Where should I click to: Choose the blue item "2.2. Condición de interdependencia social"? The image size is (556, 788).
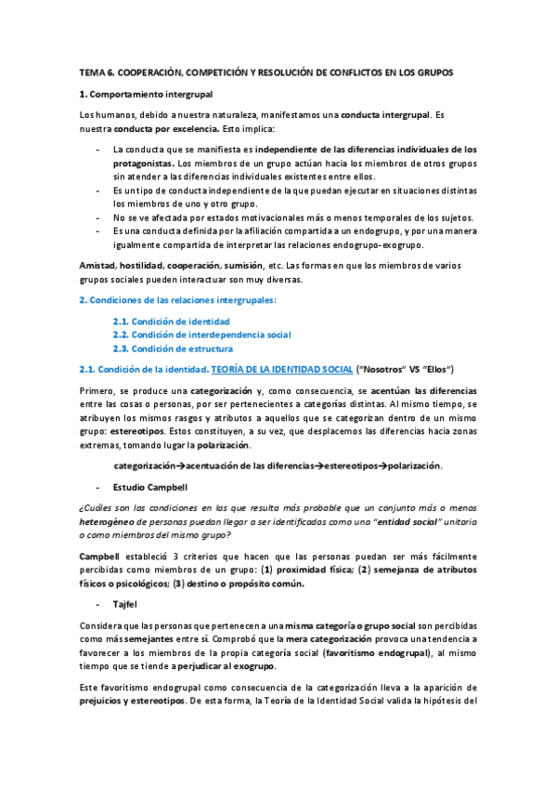tap(201, 335)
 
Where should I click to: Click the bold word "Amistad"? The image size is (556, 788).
tap(98, 265)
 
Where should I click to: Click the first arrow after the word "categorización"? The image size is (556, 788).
tap(180, 466)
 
